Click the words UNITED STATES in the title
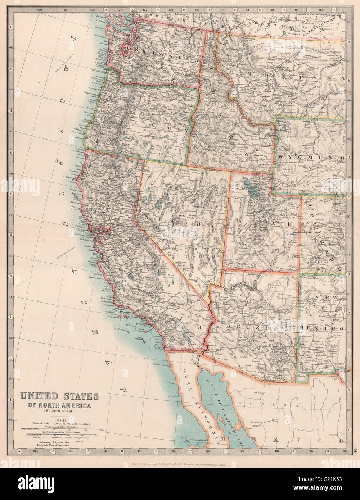(x=59, y=396)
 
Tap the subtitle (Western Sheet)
(x=59, y=411)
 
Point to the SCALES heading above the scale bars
(x=59, y=419)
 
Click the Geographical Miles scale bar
(x=59, y=429)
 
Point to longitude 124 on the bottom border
(x=35, y=451)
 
